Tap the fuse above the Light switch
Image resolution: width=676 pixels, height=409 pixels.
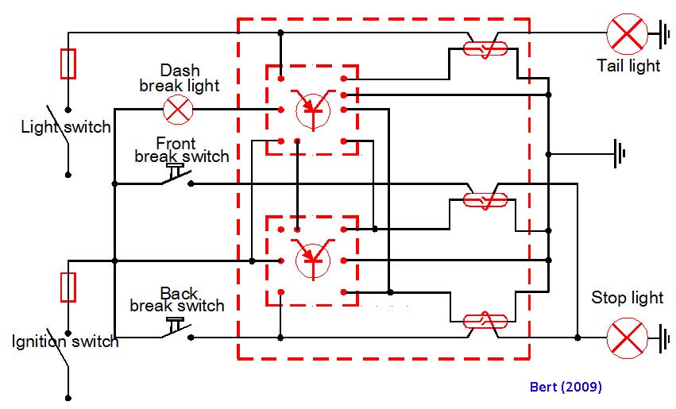pyautogui.click(x=68, y=64)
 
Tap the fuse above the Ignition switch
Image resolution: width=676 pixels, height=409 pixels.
pyautogui.click(x=68, y=287)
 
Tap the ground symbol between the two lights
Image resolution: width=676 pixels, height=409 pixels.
pyautogui.click(x=619, y=153)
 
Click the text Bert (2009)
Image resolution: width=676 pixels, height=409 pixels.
pyautogui.click(x=566, y=388)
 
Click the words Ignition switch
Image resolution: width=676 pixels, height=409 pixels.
pyautogui.click(x=65, y=342)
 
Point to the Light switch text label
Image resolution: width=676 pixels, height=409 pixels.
pyautogui.click(x=66, y=127)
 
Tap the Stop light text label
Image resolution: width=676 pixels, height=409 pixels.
pyautogui.click(x=627, y=299)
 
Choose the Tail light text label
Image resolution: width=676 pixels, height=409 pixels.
pyautogui.click(x=628, y=66)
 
